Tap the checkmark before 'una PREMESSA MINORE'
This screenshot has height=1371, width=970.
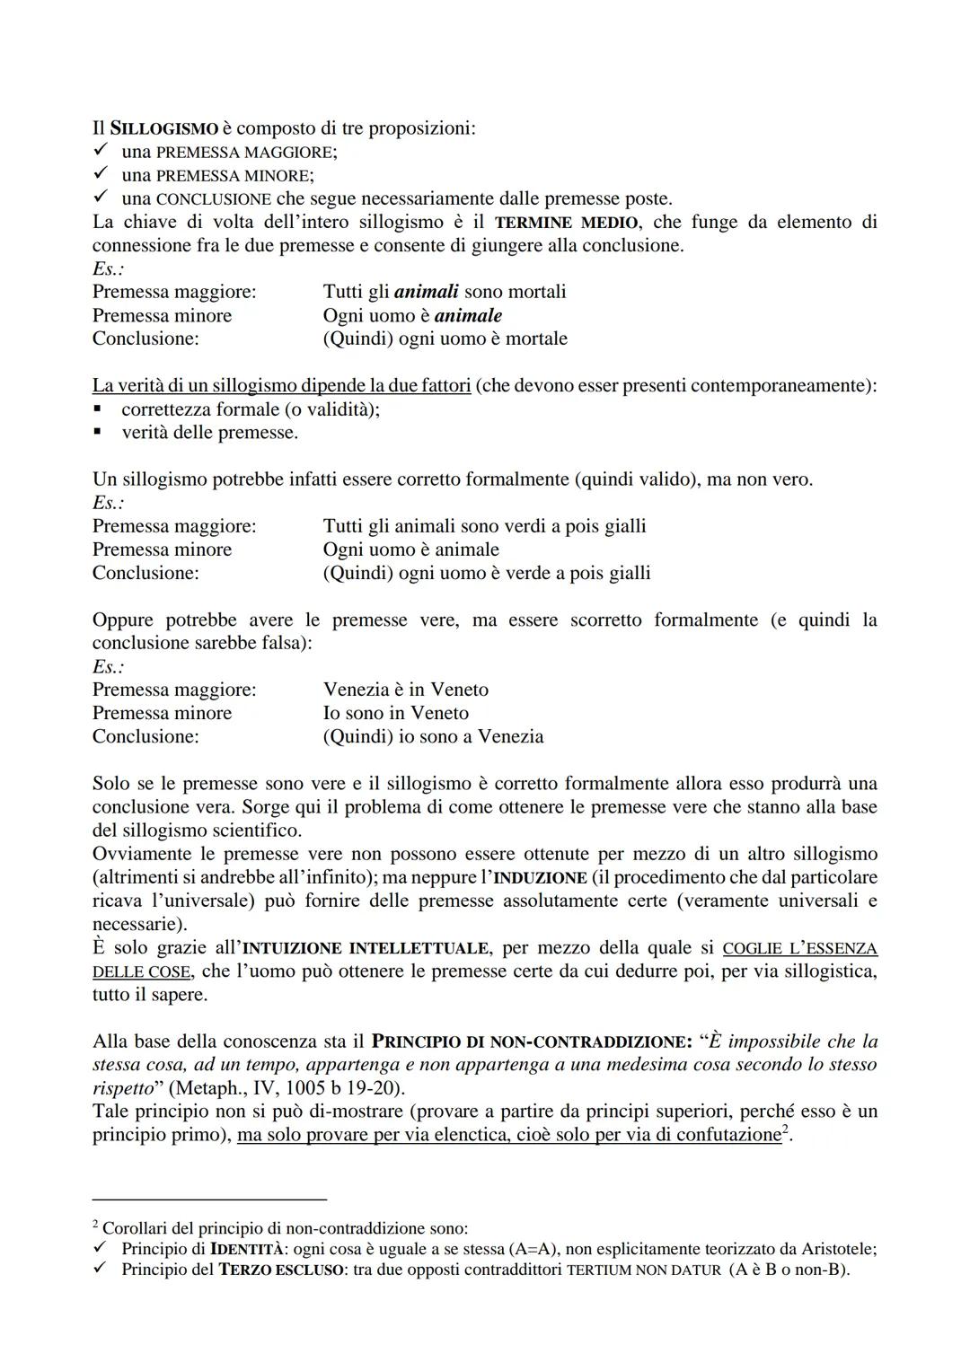pyautogui.click(x=101, y=175)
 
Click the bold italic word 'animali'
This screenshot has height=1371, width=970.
pyautogui.click(x=426, y=292)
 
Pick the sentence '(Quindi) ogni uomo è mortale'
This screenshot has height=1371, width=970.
pyautogui.click(x=445, y=338)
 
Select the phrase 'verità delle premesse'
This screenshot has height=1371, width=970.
pyautogui.click(x=209, y=433)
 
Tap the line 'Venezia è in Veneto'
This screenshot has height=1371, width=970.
pyautogui.click(x=405, y=690)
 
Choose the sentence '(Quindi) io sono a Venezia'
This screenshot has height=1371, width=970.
pyautogui.click(x=433, y=736)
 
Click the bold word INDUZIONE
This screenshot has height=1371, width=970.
pyautogui.click(x=540, y=877)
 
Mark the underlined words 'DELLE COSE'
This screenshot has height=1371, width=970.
pyautogui.click(x=141, y=971)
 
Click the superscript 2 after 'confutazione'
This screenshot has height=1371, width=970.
pyautogui.click(x=785, y=1129)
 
